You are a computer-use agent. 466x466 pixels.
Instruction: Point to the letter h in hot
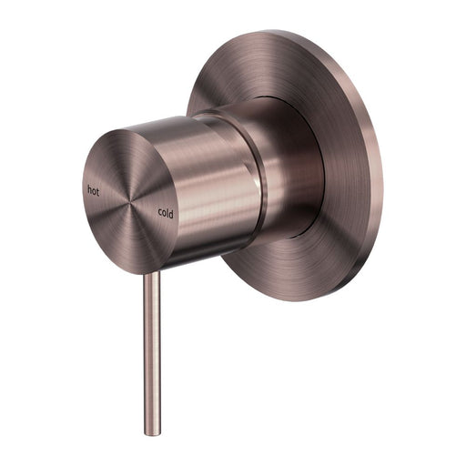(x=88, y=190)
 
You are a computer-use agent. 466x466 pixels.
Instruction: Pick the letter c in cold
(x=159, y=213)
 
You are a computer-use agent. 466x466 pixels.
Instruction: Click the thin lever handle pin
(x=152, y=346)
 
